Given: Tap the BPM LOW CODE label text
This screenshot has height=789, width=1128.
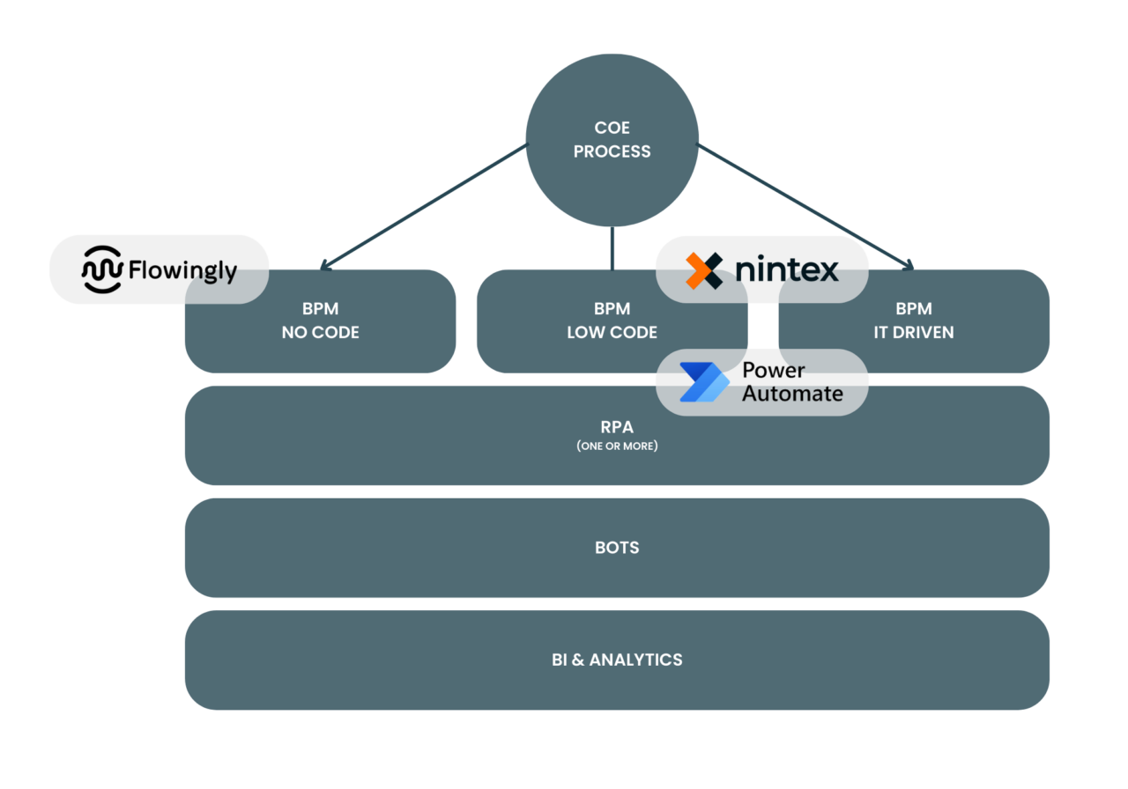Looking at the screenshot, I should (612, 321).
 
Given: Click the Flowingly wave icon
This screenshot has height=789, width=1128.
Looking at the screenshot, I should (101, 269).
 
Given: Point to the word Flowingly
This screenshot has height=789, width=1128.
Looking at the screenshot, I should (182, 270).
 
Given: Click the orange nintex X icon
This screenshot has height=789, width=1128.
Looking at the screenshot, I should (703, 270).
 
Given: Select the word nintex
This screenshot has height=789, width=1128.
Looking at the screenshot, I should (786, 269).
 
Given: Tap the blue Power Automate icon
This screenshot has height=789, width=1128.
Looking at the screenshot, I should (703, 382).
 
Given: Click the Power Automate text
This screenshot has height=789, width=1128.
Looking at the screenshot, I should (791, 382).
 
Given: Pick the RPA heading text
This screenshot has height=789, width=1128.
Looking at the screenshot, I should (617, 427).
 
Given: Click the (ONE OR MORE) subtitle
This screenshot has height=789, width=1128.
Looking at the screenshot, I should (617, 446).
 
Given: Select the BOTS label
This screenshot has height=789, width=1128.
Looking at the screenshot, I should (617, 548).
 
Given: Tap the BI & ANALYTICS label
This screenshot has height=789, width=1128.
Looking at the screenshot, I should (617, 660).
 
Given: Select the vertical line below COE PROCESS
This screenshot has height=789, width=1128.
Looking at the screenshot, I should (612, 248).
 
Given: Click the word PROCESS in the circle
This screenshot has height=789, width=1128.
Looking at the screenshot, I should (612, 151).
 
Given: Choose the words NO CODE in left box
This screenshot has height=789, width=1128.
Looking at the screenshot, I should (320, 333).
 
